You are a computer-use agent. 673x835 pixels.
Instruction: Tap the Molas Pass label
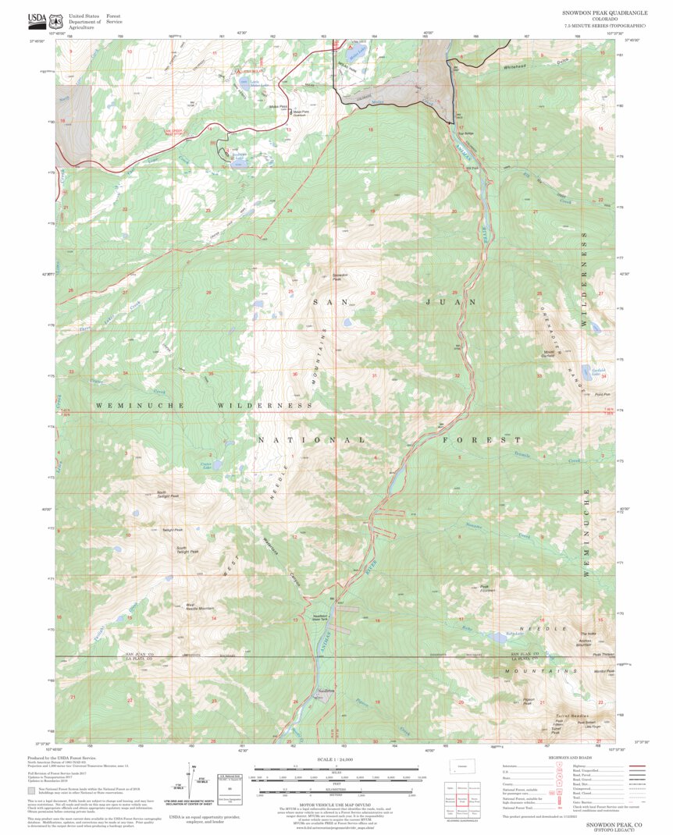[278, 106]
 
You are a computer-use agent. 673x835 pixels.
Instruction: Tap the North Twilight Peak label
[168, 494]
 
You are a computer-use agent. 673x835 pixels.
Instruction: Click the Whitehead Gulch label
[521, 67]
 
